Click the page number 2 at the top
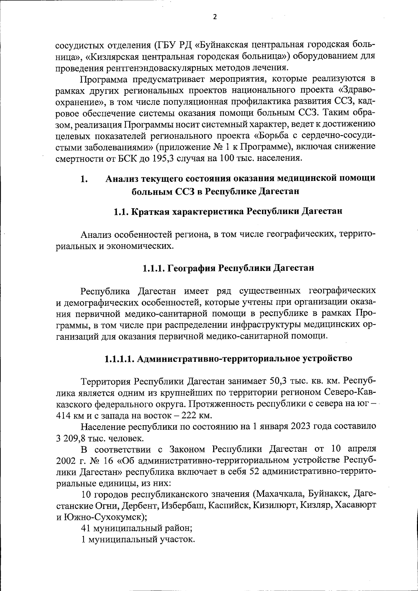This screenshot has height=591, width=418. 215,17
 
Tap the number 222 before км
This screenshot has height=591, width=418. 190,416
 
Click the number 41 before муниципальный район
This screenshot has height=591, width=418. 86,528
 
